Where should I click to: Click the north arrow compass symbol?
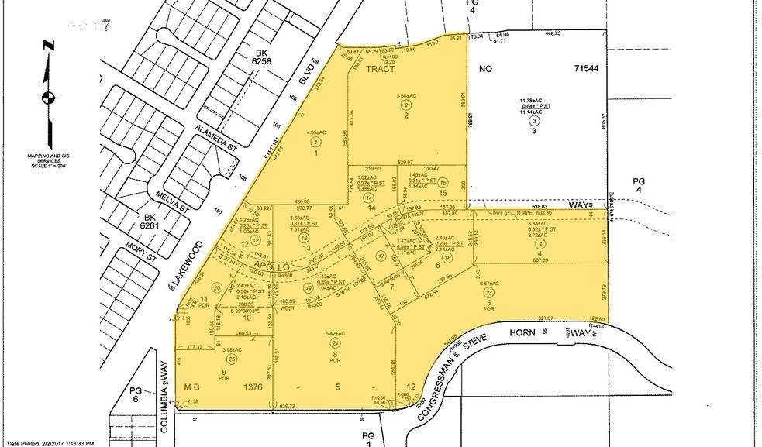click(x=48, y=97)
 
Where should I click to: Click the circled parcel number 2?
click(x=405, y=115)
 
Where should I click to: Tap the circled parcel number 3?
click(x=534, y=122)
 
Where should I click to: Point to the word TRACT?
click(x=381, y=69)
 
